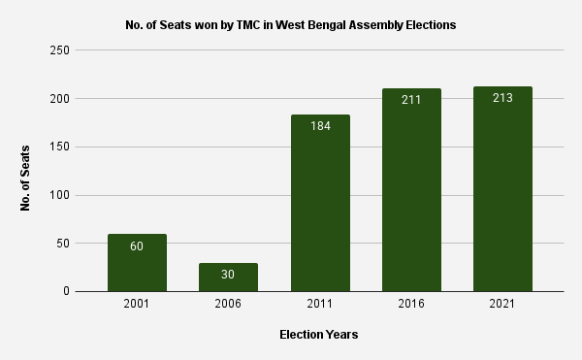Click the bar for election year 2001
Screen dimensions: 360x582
click(x=137, y=263)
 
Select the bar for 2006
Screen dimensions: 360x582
click(x=228, y=278)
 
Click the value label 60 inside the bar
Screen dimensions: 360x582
click(x=137, y=246)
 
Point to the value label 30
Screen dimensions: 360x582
click(x=228, y=275)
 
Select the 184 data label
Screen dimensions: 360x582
click(x=319, y=126)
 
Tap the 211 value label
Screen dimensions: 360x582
click(x=411, y=100)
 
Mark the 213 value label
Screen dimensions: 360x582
click(x=502, y=98)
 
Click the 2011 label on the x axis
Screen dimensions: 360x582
click(x=319, y=305)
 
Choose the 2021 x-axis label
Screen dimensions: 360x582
click(x=502, y=305)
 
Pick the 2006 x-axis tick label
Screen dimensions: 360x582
click(x=228, y=305)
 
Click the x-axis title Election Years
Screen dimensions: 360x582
click(x=319, y=335)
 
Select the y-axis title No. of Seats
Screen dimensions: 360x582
click(x=26, y=178)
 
